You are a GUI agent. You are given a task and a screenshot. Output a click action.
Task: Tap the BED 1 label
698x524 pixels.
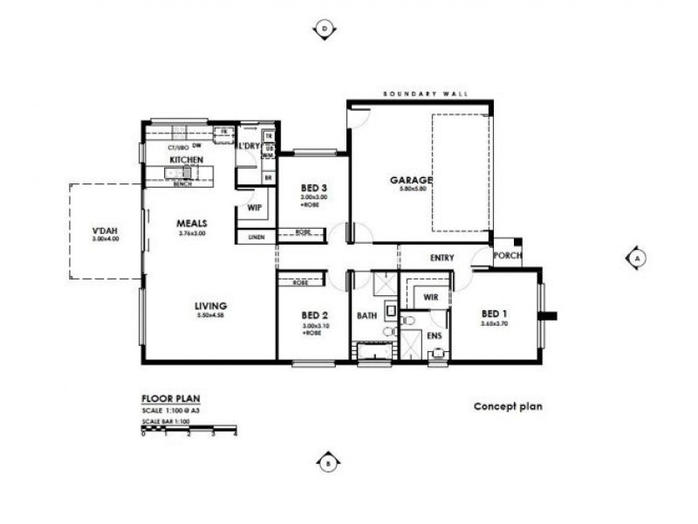493,313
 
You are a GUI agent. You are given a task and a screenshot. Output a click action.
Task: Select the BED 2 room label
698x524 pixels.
314,314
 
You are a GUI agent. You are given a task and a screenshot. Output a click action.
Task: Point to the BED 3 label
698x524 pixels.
314,189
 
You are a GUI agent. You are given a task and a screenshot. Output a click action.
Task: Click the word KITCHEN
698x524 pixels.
187,161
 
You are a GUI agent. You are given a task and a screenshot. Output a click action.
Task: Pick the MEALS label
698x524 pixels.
191,223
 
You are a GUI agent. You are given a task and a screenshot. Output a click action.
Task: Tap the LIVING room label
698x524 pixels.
211,305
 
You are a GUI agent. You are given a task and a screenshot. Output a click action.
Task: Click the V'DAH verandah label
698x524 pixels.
105,231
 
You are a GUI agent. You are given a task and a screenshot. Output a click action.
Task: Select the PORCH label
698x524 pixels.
507,255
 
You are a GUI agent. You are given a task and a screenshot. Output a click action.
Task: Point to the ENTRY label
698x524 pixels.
445,258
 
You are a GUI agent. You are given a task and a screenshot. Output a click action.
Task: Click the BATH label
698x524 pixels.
366,315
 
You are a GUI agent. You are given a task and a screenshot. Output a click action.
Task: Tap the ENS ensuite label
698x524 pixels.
434,334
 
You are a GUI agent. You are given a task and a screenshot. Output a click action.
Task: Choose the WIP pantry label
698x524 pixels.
255,209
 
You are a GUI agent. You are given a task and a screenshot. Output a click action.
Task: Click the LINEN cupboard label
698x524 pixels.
256,237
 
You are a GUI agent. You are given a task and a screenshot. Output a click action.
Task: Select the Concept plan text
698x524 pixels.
508,406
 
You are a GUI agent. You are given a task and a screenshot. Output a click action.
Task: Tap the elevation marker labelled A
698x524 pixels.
638,258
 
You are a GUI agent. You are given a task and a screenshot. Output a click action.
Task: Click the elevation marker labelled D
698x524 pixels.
325,29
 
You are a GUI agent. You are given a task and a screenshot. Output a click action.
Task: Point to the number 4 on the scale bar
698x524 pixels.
236,434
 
